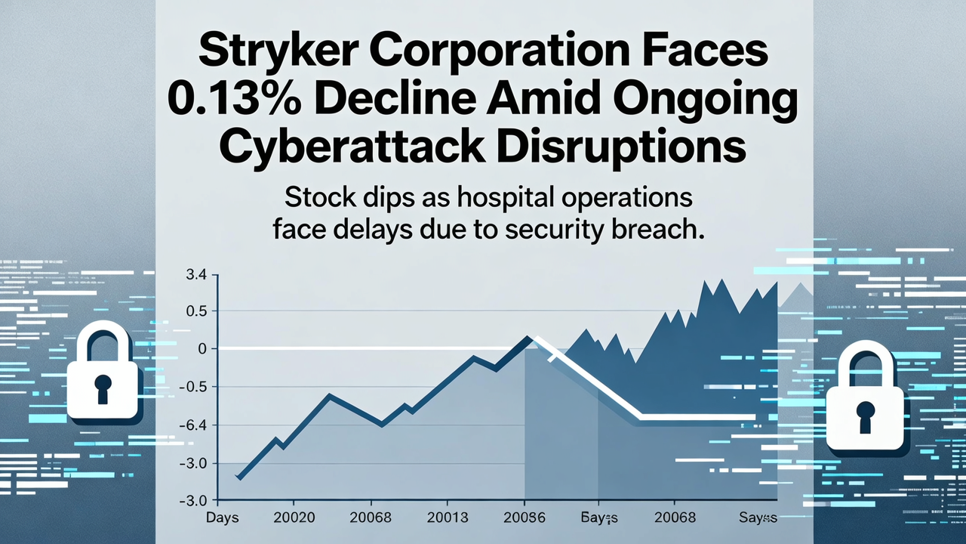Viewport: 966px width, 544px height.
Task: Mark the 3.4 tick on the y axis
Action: click(195, 276)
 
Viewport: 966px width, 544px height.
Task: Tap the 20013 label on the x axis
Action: click(448, 518)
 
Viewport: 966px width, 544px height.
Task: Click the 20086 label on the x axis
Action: click(523, 518)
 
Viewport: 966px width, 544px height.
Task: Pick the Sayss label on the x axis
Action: click(758, 518)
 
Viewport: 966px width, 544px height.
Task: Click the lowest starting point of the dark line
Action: click(238, 478)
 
